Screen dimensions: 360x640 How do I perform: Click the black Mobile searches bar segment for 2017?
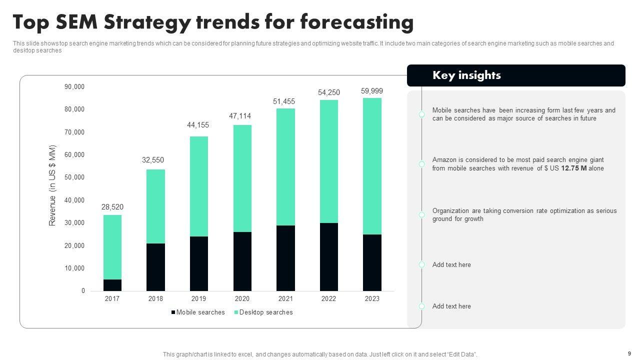(x=112, y=285)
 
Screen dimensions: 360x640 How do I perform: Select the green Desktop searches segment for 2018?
(x=155, y=206)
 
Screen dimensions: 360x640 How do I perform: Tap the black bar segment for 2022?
(x=329, y=257)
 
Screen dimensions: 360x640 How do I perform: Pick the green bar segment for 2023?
(x=372, y=166)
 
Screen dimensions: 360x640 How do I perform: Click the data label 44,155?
(x=198, y=125)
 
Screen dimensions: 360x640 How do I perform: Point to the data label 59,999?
(x=372, y=91)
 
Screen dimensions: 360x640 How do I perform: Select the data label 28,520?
(x=112, y=207)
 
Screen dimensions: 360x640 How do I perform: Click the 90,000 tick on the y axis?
(x=74, y=87)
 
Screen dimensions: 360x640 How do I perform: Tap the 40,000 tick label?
(x=74, y=200)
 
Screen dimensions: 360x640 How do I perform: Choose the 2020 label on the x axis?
(x=242, y=299)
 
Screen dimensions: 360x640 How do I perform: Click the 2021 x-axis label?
(x=285, y=299)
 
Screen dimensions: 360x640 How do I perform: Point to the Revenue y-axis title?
(x=52, y=185)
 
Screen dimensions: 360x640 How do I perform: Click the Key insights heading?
(x=466, y=75)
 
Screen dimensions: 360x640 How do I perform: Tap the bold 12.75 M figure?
(x=573, y=168)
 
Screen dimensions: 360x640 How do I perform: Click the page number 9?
(x=629, y=353)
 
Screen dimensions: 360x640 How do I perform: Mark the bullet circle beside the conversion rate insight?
(x=421, y=214)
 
